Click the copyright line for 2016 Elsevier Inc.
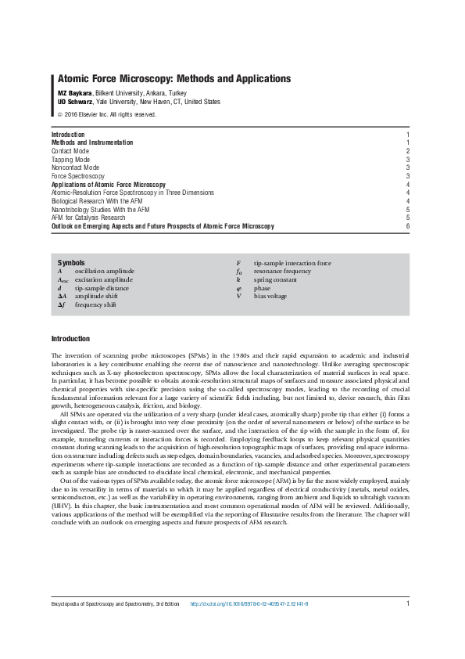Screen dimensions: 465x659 (107, 114)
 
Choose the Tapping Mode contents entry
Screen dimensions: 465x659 (76, 159)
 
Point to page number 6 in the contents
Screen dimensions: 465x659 (408, 225)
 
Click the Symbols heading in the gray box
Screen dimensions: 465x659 (71, 263)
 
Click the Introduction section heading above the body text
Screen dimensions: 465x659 (70, 339)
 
